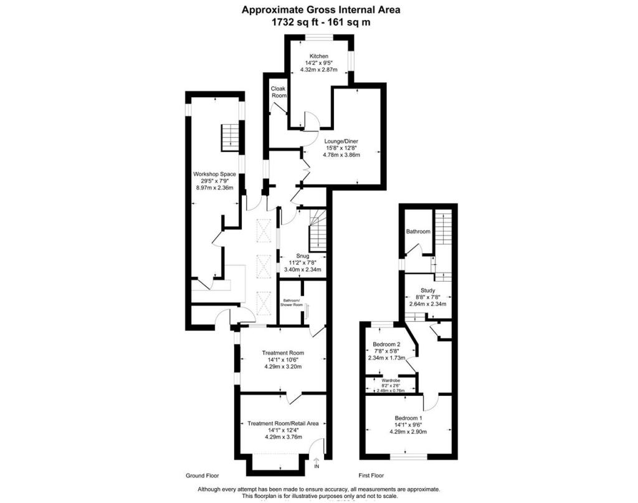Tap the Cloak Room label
(x=279, y=92)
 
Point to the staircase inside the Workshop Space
(x=229, y=137)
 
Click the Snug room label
(x=302, y=256)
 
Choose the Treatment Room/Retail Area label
(x=283, y=423)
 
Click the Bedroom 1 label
(x=409, y=418)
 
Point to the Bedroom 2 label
(x=386, y=344)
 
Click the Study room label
(x=427, y=290)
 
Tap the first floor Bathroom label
(x=418, y=232)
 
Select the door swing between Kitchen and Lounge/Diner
(x=310, y=121)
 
